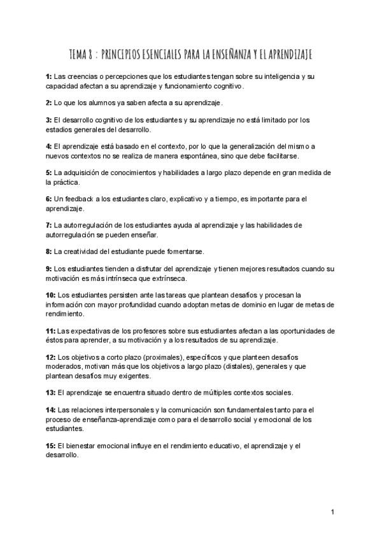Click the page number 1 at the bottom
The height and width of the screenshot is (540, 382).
[333, 512]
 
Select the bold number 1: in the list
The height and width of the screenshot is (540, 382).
[49, 76]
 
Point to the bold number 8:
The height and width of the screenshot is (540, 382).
[49, 252]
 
